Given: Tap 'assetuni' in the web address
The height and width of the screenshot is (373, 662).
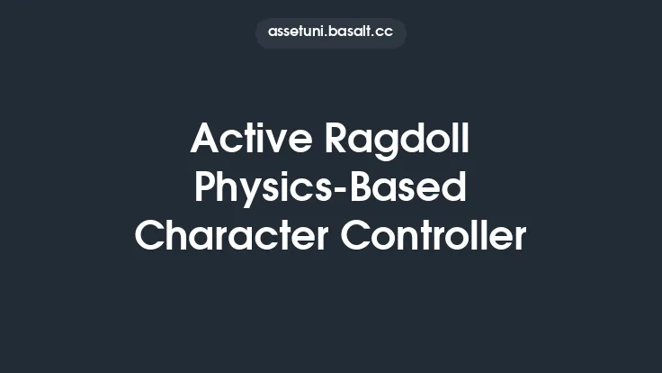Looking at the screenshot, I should coord(298,32).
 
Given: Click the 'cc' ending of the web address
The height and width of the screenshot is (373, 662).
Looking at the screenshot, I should coord(385,32).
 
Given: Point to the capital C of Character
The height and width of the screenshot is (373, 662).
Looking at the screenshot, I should coord(151,236).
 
